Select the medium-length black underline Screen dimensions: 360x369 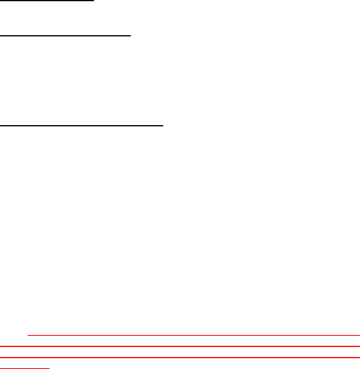click(66, 36)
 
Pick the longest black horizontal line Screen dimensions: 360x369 click(82, 126)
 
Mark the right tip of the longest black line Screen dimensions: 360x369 click(164, 126)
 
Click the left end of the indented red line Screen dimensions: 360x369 click(28, 335)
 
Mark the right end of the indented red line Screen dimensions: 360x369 click(360, 335)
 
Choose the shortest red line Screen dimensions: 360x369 click(25, 368)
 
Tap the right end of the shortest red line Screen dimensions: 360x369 click(50, 368)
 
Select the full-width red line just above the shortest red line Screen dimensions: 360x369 click(180, 357)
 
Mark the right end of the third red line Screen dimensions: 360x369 click(360, 357)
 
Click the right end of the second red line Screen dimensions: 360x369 click(360, 346)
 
